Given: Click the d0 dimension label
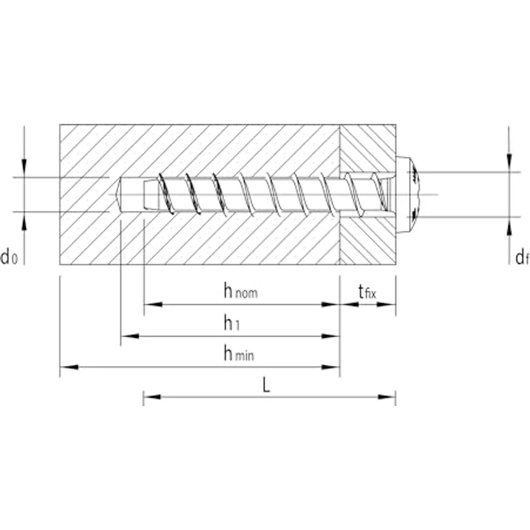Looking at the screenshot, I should [9, 256].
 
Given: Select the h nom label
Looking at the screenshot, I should [240, 291].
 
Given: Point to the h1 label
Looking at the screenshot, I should [230, 323].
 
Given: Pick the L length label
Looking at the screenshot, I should [266, 385].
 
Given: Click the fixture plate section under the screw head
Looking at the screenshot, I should [367, 238].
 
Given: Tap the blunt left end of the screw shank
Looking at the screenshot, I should [145, 194].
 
